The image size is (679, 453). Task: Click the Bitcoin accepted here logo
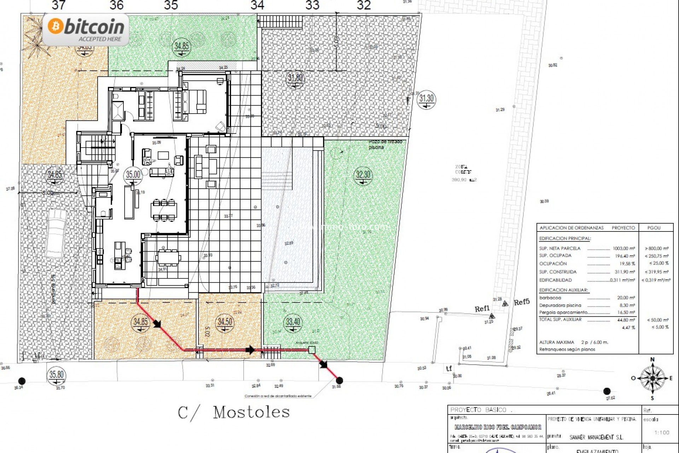point(86,30)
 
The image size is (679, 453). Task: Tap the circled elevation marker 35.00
point(133,176)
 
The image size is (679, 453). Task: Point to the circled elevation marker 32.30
point(363,176)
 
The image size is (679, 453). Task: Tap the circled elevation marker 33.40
point(293,323)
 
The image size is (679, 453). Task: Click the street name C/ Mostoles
point(233,413)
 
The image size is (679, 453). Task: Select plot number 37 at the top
point(58,5)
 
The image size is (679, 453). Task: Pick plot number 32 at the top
point(364,5)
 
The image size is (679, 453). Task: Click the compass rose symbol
point(652,378)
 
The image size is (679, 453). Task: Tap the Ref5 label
point(522,302)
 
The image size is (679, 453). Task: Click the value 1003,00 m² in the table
point(624,248)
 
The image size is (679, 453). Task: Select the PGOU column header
point(654,228)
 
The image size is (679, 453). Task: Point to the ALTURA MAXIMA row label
point(557,342)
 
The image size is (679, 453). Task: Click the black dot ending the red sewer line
point(339,380)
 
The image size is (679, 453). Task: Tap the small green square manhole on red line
point(312,350)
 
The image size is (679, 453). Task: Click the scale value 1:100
point(662,432)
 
